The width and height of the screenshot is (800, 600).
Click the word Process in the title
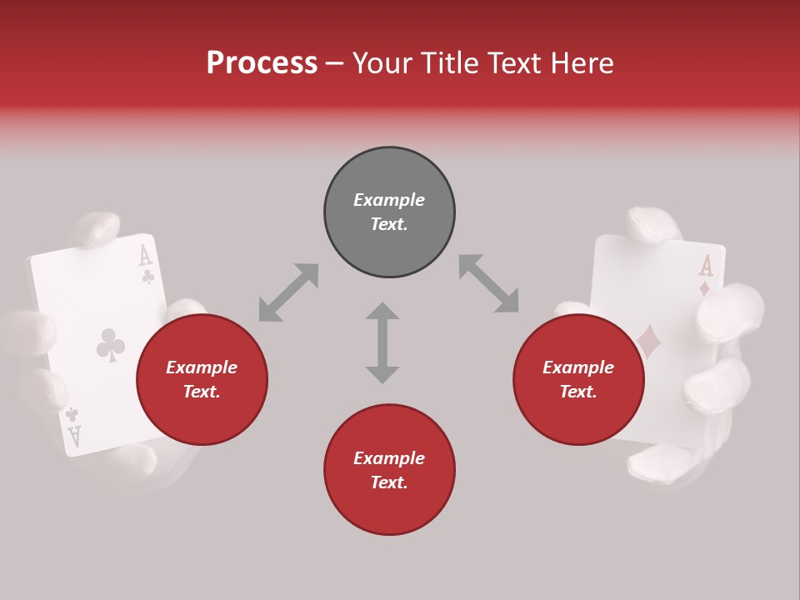pyautogui.click(x=262, y=62)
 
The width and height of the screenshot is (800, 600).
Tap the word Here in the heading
pyautogui.click(x=580, y=62)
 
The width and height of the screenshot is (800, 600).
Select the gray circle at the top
pyautogui.click(x=389, y=212)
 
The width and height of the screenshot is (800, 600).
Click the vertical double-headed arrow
pyautogui.click(x=382, y=342)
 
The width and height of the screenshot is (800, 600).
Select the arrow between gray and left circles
pyautogui.click(x=288, y=292)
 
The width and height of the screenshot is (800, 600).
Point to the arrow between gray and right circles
pyautogui.click(x=488, y=284)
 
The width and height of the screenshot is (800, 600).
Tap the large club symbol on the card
pyautogui.click(x=110, y=345)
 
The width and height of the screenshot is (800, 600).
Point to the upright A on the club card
pyautogui.click(x=145, y=255)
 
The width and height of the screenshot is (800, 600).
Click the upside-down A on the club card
pyautogui.click(x=74, y=436)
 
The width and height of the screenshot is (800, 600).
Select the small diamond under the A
pyautogui.click(x=705, y=289)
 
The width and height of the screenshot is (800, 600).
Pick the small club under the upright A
pyautogui.click(x=147, y=275)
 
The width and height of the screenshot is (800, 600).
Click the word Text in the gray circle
pyautogui.click(x=389, y=224)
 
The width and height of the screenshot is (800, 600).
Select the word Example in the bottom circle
pyautogui.click(x=389, y=458)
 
